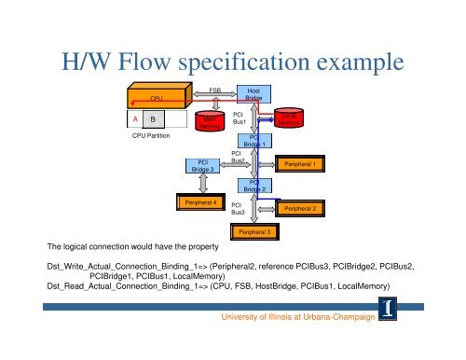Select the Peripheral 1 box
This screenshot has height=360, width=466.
[x=305, y=164]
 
